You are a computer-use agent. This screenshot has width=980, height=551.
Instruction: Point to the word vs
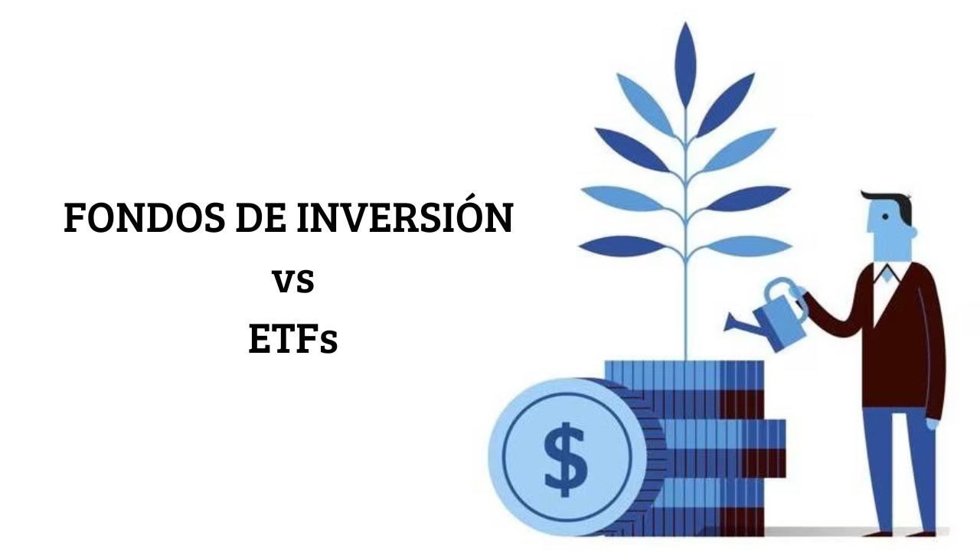click(293, 281)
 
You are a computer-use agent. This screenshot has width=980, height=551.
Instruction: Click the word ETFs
click(292, 340)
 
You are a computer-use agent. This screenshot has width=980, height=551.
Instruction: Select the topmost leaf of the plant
click(685, 65)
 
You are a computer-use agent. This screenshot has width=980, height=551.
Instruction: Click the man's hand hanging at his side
click(933, 422)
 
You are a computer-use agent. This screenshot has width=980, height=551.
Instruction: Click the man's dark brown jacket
click(903, 337)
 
